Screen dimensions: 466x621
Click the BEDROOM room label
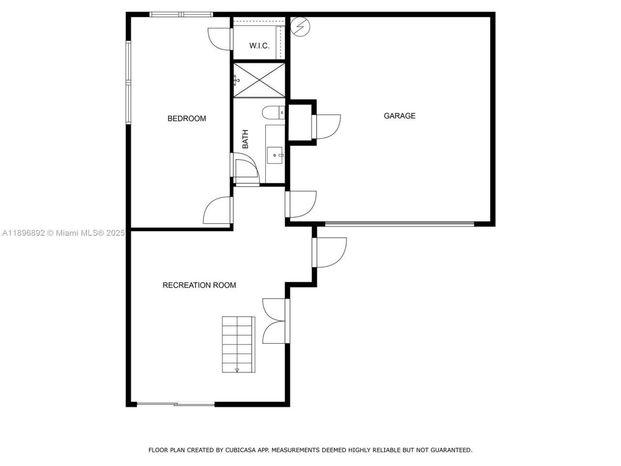pos(186,118)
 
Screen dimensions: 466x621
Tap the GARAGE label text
pos(399,116)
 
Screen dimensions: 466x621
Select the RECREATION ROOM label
pos(199,285)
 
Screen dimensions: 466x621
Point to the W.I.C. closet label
pos(259,46)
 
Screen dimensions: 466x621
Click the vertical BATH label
pos(245,139)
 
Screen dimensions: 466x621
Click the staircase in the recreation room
pos(238,344)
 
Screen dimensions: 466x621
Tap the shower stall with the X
pos(259,80)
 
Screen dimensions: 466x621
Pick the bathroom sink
pos(276,155)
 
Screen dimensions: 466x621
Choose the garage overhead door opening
pos(399,224)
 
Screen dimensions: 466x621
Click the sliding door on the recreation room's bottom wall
pos(176,404)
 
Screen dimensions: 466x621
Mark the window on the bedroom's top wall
pos(180,15)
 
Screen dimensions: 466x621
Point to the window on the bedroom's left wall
pos(129,83)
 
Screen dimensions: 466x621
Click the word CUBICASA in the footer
pos(240,450)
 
